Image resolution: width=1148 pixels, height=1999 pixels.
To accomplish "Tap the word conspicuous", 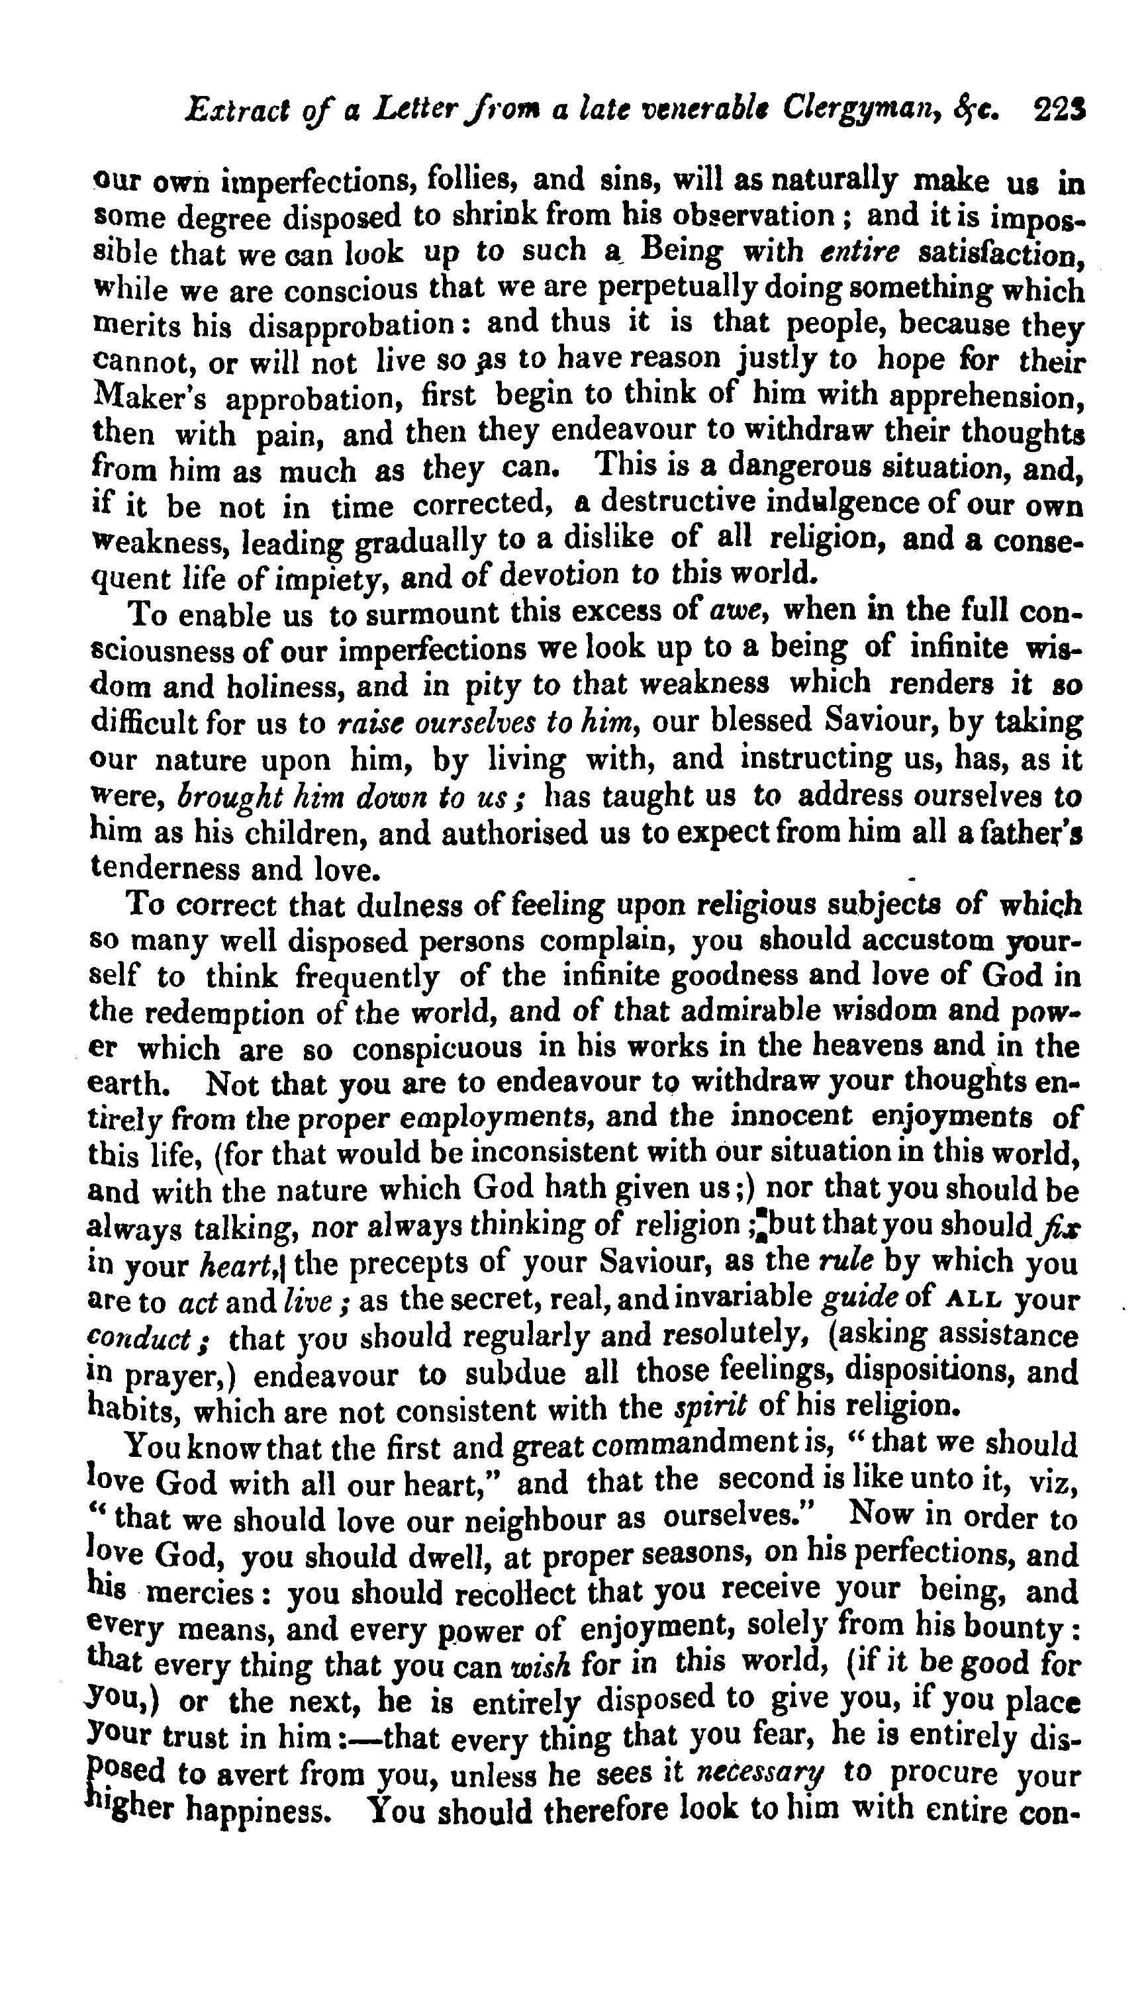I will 436,1048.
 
